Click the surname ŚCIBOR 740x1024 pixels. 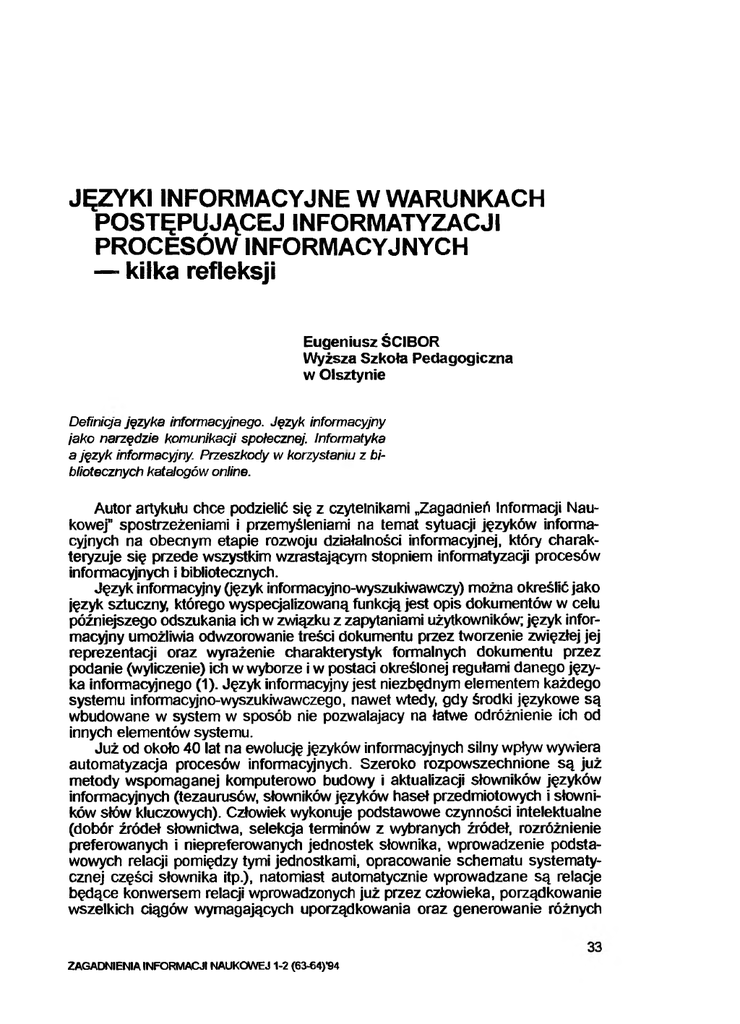421,340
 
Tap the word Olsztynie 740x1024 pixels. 350,375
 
